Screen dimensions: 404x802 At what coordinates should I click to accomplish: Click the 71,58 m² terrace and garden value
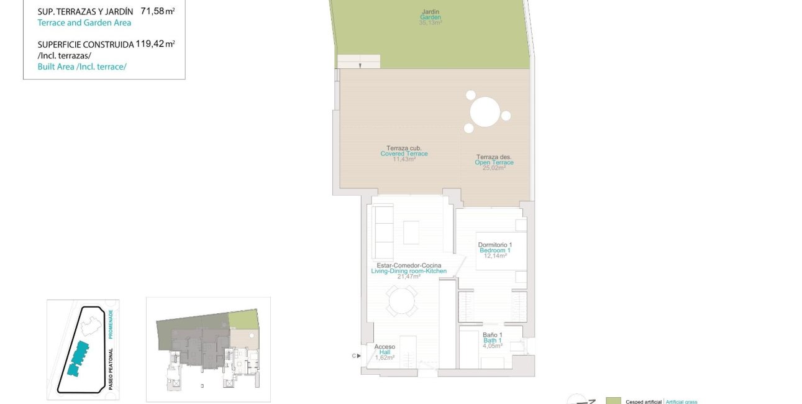[x=157, y=11]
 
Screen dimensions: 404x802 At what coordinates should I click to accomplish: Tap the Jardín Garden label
[x=431, y=14]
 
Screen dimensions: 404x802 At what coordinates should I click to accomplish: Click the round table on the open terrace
[x=486, y=112]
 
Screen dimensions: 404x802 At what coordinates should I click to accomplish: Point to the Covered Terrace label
[x=404, y=154]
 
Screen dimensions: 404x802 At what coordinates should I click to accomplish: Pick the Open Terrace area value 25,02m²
[x=494, y=168]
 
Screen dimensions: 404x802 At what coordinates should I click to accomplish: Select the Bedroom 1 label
[x=494, y=250]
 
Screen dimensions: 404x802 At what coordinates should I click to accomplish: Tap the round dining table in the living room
[x=401, y=303]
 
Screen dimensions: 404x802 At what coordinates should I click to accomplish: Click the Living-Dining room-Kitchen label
[x=408, y=271]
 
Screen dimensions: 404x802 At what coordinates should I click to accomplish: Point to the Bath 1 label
[x=493, y=341]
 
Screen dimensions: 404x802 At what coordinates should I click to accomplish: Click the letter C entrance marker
[x=354, y=356]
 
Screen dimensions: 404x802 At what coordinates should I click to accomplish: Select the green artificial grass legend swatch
[x=613, y=401]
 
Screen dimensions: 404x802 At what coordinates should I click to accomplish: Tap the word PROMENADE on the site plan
[x=111, y=324]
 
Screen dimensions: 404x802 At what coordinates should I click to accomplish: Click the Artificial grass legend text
[x=681, y=402]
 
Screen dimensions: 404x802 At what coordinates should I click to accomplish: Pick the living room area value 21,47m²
[x=409, y=277]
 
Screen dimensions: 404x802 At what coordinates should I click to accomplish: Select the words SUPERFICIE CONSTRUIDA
[x=86, y=44]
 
